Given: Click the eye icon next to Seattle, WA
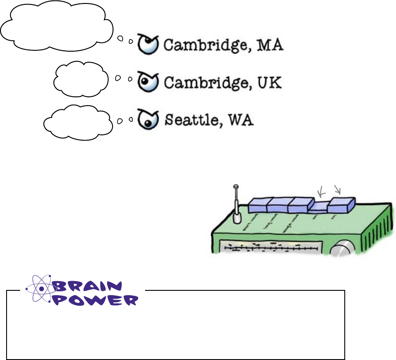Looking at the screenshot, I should (147, 118).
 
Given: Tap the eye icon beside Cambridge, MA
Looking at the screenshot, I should (148, 44).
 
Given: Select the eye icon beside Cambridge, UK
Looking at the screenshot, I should (148, 81).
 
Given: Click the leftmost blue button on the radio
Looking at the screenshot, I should (258, 205).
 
